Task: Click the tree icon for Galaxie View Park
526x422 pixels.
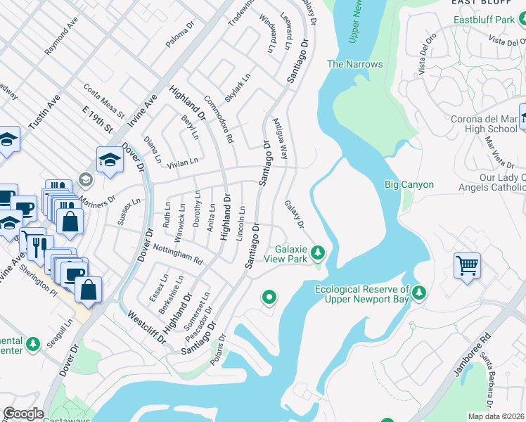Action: [x=319, y=252]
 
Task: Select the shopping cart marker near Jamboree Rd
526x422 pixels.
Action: [x=466, y=266]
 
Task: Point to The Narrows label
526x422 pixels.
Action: [x=355, y=65]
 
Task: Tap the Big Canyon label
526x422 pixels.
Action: [x=409, y=185]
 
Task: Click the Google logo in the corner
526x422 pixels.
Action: [x=23, y=414]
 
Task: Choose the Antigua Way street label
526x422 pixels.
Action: [x=280, y=136]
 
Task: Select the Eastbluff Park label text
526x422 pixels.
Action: [x=485, y=20]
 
